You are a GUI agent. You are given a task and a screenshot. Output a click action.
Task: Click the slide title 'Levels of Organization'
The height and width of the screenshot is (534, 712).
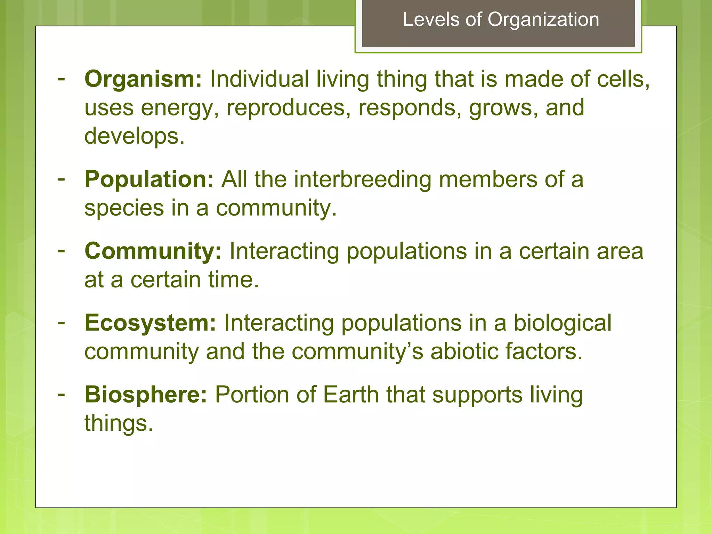click(x=501, y=19)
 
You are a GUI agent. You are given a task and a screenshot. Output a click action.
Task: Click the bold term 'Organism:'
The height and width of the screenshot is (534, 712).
click(x=143, y=79)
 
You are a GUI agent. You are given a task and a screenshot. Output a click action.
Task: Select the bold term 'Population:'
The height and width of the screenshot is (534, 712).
click(x=149, y=179)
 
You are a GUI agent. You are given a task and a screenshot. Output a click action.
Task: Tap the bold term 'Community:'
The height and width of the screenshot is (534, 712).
click(x=153, y=251)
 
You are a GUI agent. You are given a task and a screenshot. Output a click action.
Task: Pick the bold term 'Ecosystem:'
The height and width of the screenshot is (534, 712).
click(x=150, y=323)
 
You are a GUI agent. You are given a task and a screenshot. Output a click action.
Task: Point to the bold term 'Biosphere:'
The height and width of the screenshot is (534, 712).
click(x=146, y=395)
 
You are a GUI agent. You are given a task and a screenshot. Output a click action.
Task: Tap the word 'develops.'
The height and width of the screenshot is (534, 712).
click(x=135, y=136)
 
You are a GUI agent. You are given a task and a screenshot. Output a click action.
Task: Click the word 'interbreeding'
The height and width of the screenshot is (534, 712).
click(x=362, y=179)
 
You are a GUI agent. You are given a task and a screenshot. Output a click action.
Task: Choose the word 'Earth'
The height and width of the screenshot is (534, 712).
click(x=351, y=395)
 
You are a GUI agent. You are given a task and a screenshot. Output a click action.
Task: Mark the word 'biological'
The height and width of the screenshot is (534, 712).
click(x=563, y=323)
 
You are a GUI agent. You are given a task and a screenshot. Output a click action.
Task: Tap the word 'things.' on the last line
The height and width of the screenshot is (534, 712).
click(x=119, y=423)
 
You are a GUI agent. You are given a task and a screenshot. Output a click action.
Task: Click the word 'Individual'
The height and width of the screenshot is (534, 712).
click(x=259, y=79)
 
